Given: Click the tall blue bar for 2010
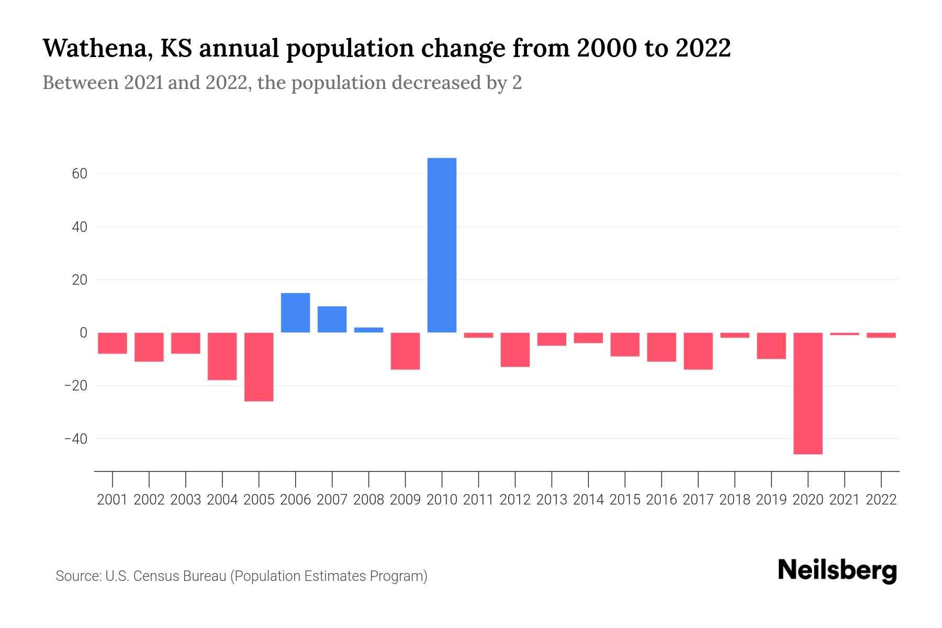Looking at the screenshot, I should (x=442, y=245).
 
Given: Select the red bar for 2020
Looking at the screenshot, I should (x=808, y=393).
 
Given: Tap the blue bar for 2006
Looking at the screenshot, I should (x=296, y=312).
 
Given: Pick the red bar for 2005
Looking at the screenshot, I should (x=259, y=367).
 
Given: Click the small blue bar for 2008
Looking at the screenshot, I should (x=369, y=330).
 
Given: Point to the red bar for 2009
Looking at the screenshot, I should (x=406, y=351).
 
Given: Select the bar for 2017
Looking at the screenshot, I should (x=698, y=351).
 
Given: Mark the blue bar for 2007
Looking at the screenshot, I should (x=332, y=319).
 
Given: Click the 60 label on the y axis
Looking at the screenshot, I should (x=80, y=174).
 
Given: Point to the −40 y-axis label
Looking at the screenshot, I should (x=75, y=439).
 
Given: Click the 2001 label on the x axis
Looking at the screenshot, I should (x=113, y=500).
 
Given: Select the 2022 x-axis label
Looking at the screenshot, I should (x=881, y=500).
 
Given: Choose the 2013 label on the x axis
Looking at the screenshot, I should (x=552, y=500).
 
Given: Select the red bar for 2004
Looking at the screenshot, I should (x=222, y=356).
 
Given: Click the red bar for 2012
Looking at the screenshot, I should (x=515, y=350).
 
